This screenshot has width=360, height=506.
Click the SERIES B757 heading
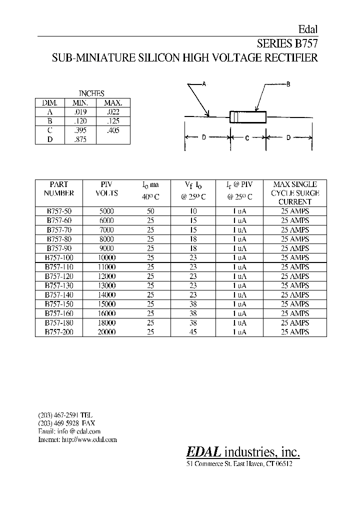[287, 43]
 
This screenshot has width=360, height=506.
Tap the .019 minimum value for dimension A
[80, 112]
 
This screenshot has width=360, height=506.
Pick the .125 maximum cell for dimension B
[112, 121]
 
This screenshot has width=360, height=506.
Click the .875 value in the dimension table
[80, 139]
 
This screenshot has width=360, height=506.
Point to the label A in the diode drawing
[204, 84]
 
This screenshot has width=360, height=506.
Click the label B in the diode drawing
[288, 84]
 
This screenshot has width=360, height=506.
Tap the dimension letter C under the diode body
[247, 137]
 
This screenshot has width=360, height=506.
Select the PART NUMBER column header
[58, 188]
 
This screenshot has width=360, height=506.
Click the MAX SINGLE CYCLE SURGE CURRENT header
[295, 193]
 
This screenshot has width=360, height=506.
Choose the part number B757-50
[58, 211]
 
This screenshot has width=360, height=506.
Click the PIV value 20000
[106, 332]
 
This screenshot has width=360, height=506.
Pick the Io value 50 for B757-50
[150, 211]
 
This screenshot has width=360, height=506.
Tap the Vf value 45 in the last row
[193, 332]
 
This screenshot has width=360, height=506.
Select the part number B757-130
[58, 285]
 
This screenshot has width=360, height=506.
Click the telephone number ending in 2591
[65, 415]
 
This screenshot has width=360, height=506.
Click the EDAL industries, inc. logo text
[243, 452]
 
